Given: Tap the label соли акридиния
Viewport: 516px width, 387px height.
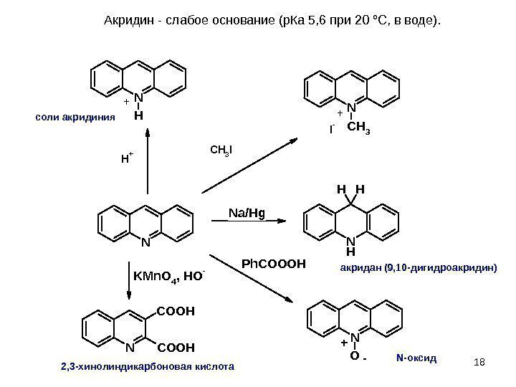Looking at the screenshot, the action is (75, 116).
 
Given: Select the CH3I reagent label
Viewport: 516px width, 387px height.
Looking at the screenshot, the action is (221, 150).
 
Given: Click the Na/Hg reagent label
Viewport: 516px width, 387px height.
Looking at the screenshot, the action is (247, 212).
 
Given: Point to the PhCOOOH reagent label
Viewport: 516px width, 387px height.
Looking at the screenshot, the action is (273, 264).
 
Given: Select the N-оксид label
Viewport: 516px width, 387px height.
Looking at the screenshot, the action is (416, 356).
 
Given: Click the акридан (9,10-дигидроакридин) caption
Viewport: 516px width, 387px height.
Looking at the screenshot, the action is (417, 267).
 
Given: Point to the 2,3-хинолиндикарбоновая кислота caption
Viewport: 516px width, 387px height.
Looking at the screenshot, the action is (147, 366).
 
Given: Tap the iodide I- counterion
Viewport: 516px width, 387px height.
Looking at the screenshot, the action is (332, 130).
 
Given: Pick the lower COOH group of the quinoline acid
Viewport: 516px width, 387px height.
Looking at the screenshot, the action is (176, 348).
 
